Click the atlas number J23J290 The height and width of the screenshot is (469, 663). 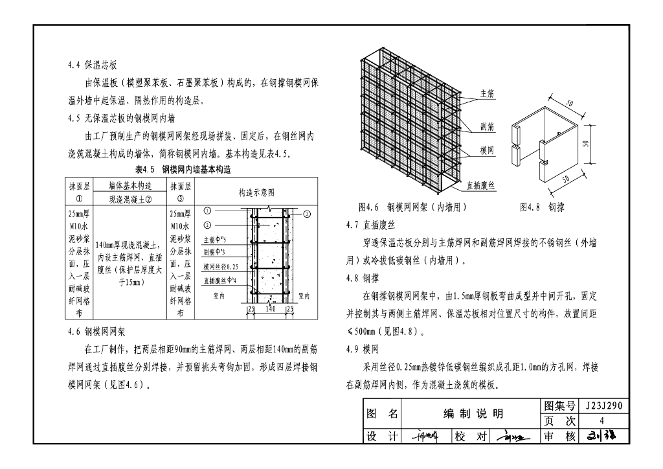point(603,407)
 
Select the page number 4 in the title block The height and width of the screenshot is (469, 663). point(602,422)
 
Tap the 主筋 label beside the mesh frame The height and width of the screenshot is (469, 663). point(488,93)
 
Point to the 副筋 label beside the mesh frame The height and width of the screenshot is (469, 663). point(488,127)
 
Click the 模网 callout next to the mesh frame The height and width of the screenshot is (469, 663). point(488,150)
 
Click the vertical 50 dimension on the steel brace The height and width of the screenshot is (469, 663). point(585,143)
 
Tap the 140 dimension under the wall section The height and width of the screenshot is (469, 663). point(271,310)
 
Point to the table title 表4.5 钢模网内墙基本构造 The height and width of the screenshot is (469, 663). point(183,170)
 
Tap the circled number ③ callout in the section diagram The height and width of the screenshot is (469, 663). point(307,213)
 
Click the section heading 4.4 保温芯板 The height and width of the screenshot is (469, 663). point(92,65)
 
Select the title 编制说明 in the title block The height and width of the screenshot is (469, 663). point(473,414)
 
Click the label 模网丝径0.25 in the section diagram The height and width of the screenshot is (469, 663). point(221,266)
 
